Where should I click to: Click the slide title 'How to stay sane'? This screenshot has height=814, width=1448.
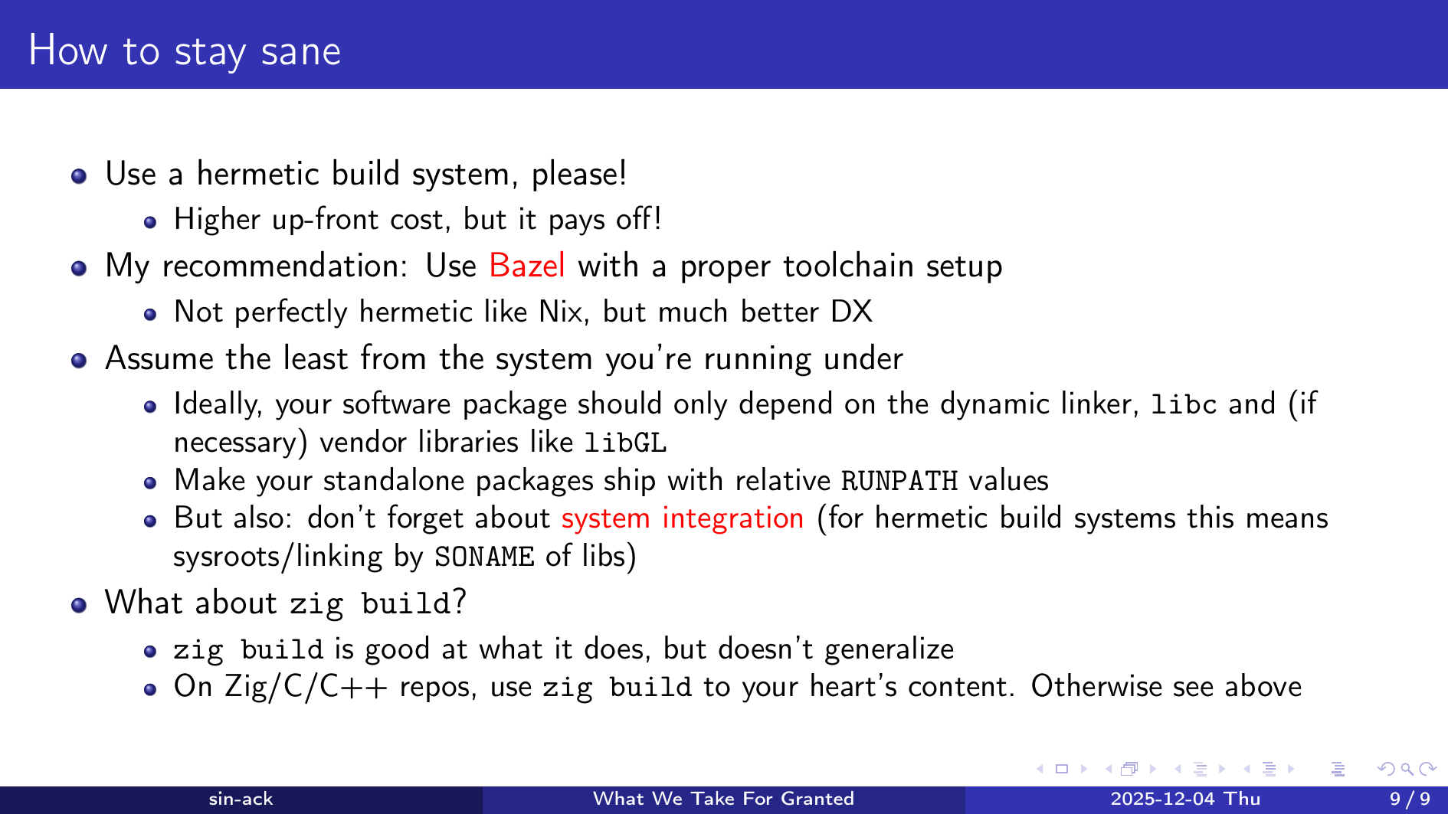(185, 51)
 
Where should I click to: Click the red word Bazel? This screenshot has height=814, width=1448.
(527, 266)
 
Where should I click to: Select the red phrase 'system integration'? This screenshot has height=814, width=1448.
(683, 518)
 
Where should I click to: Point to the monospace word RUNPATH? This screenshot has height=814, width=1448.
(899, 481)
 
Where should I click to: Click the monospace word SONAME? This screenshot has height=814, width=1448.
(484, 557)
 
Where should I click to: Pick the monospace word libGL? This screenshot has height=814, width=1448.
(625, 443)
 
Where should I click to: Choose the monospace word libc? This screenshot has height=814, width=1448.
(1184, 404)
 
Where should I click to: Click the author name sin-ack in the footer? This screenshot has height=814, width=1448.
(241, 799)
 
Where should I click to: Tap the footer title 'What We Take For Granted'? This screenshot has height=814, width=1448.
(723, 799)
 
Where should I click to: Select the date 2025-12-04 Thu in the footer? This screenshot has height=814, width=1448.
(1185, 799)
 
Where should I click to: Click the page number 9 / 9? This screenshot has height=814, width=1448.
(1410, 799)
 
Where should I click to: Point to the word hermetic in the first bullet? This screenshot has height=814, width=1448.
(257, 174)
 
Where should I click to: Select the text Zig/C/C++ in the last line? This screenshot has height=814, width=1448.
(306, 687)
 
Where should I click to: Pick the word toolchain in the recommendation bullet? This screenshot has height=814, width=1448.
(848, 266)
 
